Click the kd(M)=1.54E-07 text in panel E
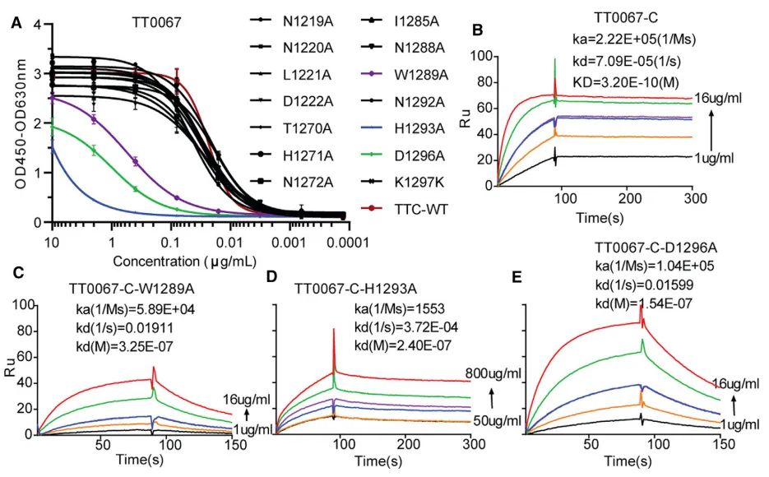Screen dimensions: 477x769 pyautogui.click(x=646, y=305)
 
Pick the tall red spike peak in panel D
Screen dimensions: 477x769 pyautogui.click(x=334, y=331)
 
